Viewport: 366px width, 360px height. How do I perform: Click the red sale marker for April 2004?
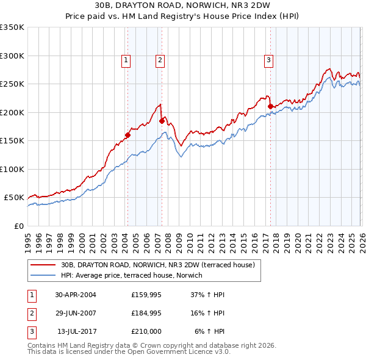127,135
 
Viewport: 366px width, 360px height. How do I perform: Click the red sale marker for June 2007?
162,121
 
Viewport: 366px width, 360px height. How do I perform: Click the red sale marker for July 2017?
270,106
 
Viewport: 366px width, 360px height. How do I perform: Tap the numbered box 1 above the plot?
125,60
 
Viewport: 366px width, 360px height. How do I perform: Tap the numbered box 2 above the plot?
159,60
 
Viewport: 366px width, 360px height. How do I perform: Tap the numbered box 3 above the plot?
268,60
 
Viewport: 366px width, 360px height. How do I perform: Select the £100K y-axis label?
12,169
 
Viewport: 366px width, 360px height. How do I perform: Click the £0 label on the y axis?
18,226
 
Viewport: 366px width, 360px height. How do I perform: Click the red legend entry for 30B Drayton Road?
161,265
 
